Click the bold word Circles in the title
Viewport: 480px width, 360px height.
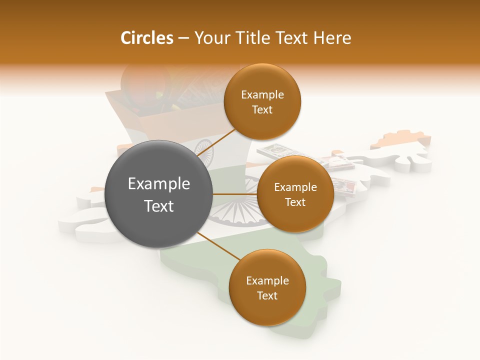tap(146, 38)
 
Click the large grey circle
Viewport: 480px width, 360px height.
tap(158, 194)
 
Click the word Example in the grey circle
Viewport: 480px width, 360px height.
tap(159, 184)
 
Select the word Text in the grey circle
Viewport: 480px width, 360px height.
tap(159, 206)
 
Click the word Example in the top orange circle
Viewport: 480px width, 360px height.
tap(262, 95)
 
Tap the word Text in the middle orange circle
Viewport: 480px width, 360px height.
tap(295, 202)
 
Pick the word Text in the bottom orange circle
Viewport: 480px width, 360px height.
tap(267, 295)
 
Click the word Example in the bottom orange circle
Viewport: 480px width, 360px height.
tap(267, 281)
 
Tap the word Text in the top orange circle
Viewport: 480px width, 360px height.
tap(262, 109)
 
